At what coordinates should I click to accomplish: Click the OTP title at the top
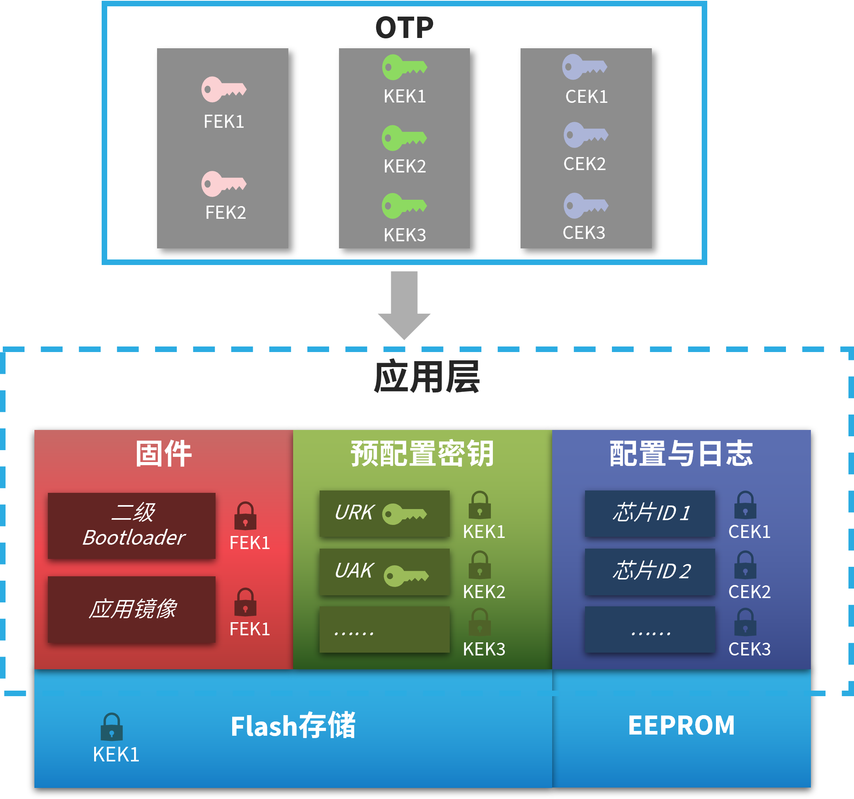pyautogui.click(x=404, y=28)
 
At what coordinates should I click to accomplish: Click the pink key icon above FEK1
pyautogui.click(x=223, y=89)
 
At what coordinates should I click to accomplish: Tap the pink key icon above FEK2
pyautogui.click(x=223, y=184)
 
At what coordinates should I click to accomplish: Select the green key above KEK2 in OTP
pyautogui.click(x=404, y=138)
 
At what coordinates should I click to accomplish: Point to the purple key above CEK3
pyautogui.click(x=585, y=205)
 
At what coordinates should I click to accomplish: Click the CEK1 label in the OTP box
pyautogui.click(x=586, y=97)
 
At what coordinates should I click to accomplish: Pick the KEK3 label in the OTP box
pyautogui.click(x=405, y=235)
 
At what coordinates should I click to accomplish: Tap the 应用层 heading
pyautogui.click(x=426, y=377)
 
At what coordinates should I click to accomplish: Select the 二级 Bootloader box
pyautogui.click(x=131, y=525)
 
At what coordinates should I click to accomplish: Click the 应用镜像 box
pyautogui.click(x=131, y=609)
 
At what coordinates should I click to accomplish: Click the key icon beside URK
pyautogui.click(x=404, y=514)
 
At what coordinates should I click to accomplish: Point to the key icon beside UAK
pyautogui.click(x=405, y=576)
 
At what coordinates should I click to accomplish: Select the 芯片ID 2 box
pyautogui.click(x=649, y=571)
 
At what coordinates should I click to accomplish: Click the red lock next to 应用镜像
pyautogui.click(x=245, y=602)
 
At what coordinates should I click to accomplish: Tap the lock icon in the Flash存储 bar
pyautogui.click(x=112, y=727)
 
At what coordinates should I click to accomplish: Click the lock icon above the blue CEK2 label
pyautogui.click(x=745, y=565)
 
